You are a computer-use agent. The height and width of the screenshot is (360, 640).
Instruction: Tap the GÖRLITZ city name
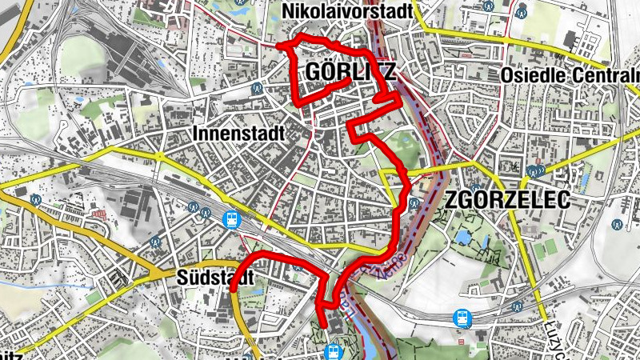tap(350, 73)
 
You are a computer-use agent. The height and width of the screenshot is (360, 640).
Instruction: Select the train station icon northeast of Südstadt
tap(232, 218)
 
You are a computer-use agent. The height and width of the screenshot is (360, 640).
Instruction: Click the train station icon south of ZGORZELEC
tap(462, 318)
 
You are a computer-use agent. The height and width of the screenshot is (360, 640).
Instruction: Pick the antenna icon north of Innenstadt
tap(257, 88)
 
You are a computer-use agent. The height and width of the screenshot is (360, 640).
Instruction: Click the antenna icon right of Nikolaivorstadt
tap(522, 11)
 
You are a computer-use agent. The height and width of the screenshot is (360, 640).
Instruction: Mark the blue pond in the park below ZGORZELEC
tap(465, 238)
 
